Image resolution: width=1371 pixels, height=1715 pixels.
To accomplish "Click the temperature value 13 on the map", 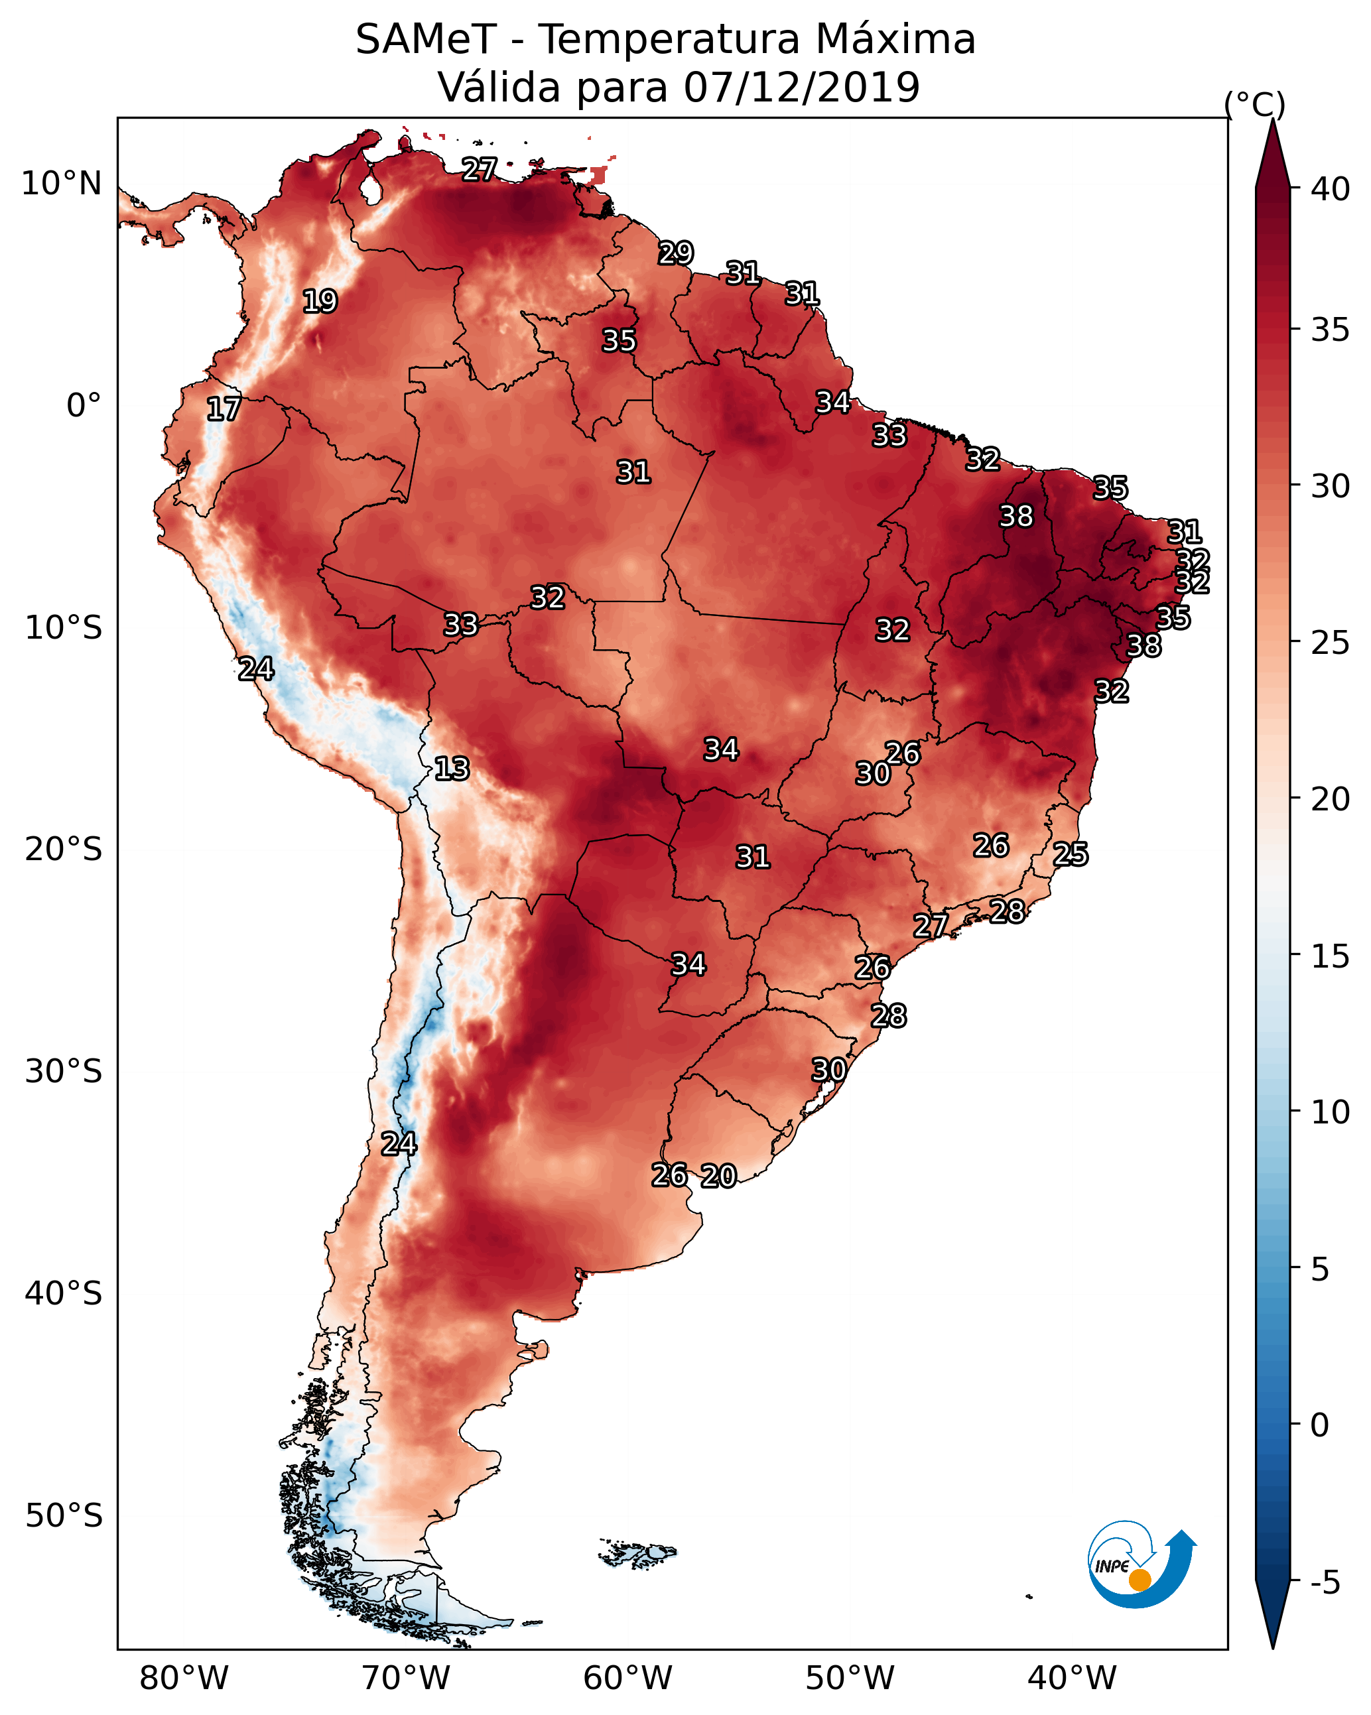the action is (x=452, y=769).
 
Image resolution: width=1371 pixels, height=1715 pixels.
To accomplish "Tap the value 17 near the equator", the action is (x=224, y=410).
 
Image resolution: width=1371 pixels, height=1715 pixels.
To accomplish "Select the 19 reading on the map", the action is (x=320, y=302).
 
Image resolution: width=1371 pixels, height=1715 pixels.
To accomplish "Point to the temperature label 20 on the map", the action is (x=718, y=1176).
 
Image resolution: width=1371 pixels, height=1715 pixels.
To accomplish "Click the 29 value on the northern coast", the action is (x=676, y=253).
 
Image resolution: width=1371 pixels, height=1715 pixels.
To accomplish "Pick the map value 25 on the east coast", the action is (x=1071, y=854).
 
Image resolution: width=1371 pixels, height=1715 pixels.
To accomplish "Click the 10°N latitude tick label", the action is (x=61, y=184).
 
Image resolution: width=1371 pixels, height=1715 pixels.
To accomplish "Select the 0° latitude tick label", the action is (x=84, y=406).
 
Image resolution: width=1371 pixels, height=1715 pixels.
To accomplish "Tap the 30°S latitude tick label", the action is (x=64, y=1072).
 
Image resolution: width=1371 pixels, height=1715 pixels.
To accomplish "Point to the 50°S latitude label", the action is (x=64, y=1515).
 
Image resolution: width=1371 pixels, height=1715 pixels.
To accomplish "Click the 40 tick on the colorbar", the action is (x=1331, y=189).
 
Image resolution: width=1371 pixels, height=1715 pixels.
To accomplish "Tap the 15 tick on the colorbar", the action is (x=1331, y=956).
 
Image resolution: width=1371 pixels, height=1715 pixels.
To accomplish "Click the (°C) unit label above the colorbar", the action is (x=1255, y=104).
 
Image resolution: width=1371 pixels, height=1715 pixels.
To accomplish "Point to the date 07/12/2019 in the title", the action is (x=801, y=87).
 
